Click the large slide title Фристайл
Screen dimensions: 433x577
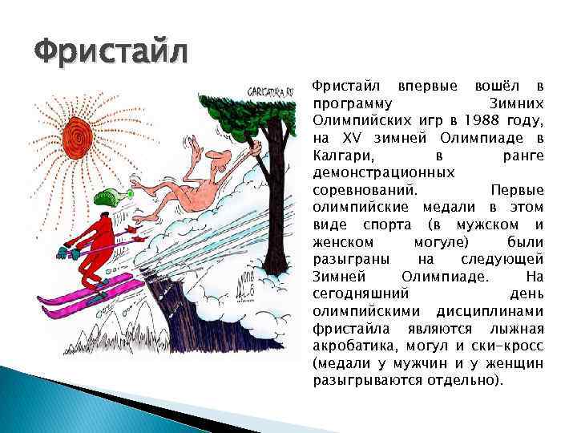click(x=111, y=54)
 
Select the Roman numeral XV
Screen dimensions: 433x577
click(x=345, y=138)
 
